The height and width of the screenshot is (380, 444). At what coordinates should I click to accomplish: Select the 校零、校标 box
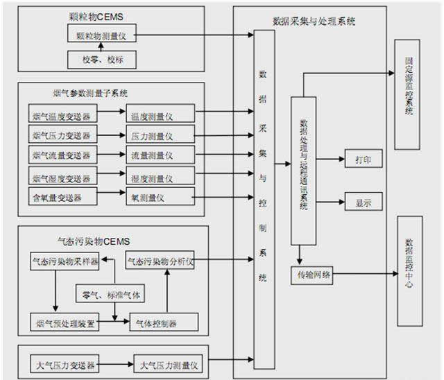click(x=103, y=60)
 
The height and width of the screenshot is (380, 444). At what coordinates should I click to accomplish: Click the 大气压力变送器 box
click(x=65, y=363)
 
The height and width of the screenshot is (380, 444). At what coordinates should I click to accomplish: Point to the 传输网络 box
click(x=312, y=275)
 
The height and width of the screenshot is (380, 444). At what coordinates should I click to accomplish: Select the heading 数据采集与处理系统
click(x=314, y=21)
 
